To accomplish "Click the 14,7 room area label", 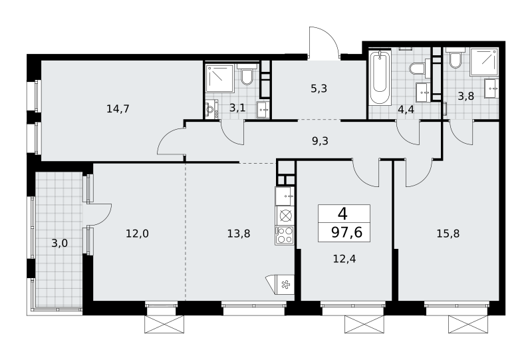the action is pyautogui.click(x=118, y=109).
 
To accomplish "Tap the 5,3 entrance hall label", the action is pyautogui.click(x=319, y=89).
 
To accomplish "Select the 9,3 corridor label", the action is pyautogui.click(x=320, y=140).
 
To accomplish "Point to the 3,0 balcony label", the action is pyautogui.click(x=59, y=244).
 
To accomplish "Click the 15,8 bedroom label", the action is pyautogui.click(x=448, y=234).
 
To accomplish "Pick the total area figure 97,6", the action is pyautogui.click(x=346, y=233).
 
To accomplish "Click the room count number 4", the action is pyautogui.click(x=343, y=214).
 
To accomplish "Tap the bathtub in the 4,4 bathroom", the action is pyautogui.click(x=380, y=78).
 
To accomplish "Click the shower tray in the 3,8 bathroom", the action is pyautogui.click(x=484, y=61).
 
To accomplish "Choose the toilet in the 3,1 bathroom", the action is pyautogui.click(x=247, y=75).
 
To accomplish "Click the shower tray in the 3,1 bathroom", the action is pyautogui.click(x=220, y=79).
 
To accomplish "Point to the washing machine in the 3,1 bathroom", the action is pyautogui.click(x=211, y=109).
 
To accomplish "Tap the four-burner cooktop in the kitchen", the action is pyautogui.click(x=285, y=235).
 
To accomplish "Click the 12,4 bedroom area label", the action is pyautogui.click(x=344, y=259).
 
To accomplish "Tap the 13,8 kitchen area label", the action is pyautogui.click(x=239, y=234).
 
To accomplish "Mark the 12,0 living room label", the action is pyautogui.click(x=138, y=234).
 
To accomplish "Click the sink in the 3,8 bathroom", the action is pyautogui.click(x=491, y=89).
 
